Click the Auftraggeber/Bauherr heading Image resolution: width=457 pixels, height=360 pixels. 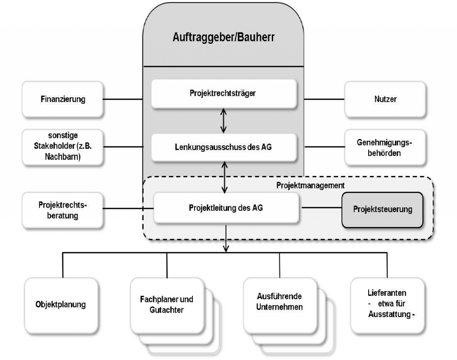pos(224,38)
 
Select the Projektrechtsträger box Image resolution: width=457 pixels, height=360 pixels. pos(224,94)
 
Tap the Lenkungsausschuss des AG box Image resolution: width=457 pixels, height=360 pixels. pos(224,147)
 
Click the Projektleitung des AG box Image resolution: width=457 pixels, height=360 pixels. pos(226,208)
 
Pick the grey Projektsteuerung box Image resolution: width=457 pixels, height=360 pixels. pos(382,209)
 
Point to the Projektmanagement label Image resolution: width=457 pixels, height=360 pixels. pos(311,185)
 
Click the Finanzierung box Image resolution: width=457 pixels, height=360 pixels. pos(62,99)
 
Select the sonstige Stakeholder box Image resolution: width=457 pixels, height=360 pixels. pos(62,147)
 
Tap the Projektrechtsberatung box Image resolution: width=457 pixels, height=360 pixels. pos(62,210)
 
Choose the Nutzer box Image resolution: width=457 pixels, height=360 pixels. pos(385,99)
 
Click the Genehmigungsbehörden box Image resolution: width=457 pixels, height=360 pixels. pos(385,147)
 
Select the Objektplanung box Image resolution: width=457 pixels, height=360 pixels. pos(61,306)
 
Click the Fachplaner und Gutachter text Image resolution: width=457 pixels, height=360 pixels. pos(166,305)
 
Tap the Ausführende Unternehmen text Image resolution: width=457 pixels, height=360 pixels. pos(279,301)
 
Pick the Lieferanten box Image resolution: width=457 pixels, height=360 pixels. pos(387,306)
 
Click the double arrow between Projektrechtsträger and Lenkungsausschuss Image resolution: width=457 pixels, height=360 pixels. pos(224,121)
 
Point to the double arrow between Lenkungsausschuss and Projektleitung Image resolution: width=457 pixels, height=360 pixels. pos(224,177)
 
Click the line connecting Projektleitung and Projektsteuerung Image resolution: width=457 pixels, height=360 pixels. pos(322,208)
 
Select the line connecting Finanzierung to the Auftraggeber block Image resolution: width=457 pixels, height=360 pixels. pos(123,99)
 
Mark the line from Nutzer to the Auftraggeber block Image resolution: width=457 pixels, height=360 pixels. pos(324,99)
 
